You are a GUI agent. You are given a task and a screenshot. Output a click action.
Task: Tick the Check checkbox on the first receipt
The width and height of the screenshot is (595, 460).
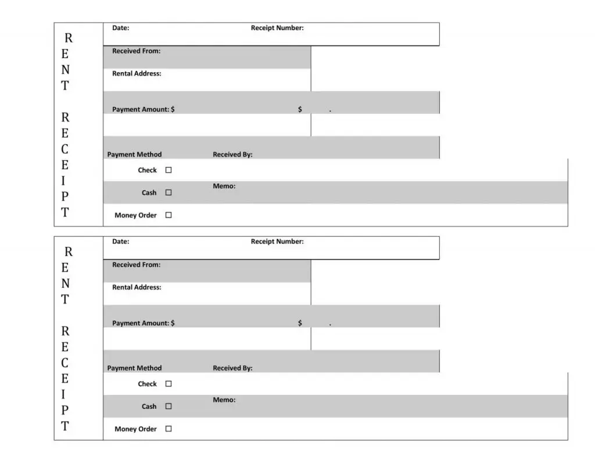point(169,170)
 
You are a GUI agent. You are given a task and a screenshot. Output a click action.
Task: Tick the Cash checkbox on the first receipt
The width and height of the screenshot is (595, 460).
point(169,192)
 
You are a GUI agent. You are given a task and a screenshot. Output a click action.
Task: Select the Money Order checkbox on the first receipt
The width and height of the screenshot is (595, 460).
point(169,215)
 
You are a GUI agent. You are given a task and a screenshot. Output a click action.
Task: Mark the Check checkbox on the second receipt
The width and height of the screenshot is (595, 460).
point(169,384)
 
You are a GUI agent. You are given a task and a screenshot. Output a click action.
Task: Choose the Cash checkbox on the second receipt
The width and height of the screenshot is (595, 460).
point(169,406)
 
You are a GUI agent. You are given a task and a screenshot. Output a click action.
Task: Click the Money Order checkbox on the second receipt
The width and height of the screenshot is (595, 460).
point(169,429)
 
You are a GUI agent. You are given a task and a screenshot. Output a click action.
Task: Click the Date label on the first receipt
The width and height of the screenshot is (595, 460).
point(120,28)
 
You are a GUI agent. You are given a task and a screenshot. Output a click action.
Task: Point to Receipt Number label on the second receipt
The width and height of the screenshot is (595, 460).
point(277,241)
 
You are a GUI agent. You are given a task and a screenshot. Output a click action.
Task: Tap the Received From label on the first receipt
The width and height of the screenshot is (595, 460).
point(136,51)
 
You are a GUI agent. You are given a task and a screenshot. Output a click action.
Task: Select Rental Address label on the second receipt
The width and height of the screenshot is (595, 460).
point(137,287)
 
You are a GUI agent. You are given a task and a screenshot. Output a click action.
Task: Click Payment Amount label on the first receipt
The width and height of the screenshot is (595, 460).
point(143,109)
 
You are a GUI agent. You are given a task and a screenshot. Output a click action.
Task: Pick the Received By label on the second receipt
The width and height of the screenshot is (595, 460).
point(232,368)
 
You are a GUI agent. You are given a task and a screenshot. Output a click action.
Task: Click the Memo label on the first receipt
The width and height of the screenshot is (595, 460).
point(224,186)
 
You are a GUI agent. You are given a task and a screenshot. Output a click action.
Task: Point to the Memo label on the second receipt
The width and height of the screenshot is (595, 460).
point(224,400)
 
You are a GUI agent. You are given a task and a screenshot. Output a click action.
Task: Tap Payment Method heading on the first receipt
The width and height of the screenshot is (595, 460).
point(134,155)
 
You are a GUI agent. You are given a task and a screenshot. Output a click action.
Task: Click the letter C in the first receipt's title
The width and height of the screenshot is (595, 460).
point(65,149)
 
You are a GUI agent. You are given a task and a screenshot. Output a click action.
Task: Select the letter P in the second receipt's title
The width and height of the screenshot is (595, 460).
point(65,410)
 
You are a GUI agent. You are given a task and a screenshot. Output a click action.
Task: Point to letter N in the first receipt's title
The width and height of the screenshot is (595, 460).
point(65,70)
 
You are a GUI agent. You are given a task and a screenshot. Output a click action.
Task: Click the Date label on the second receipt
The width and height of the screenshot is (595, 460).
point(120,241)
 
